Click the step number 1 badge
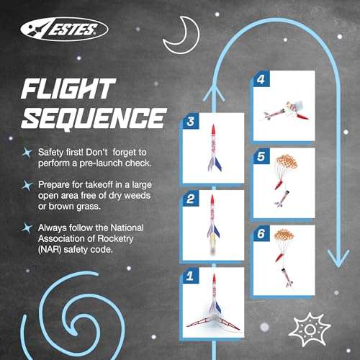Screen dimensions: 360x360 [190, 274]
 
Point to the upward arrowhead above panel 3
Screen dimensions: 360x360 [212, 89]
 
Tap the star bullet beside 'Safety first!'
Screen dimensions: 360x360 [27, 152]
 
